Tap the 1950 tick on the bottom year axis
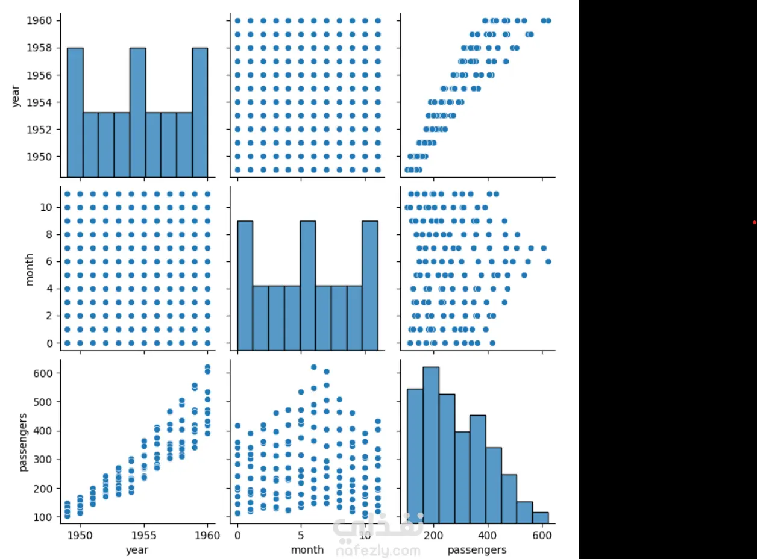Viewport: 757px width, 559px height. click(x=80, y=534)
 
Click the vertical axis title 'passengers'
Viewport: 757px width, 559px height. click(x=24, y=442)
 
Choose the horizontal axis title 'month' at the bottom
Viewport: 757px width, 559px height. click(x=307, y=549)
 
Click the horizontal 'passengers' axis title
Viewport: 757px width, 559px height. click(x=477, y=549)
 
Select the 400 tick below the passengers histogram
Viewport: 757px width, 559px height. click(x=488, y=534)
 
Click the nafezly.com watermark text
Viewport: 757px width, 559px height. click(x=378, y=551)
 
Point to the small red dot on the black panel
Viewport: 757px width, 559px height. click(x=754, y=222)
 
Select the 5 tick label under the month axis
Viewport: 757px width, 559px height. click(x=301, y=534)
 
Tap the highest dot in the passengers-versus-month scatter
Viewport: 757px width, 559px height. click(x=313, y=367)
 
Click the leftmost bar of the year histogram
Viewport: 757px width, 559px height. click(x=75, y=112)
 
